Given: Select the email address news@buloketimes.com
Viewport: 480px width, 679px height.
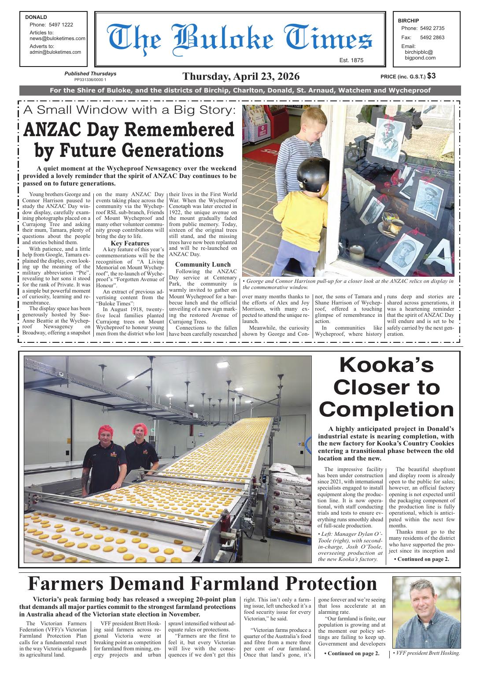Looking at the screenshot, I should point(57,38).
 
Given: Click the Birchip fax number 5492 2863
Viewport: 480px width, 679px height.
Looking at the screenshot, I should point(432,37).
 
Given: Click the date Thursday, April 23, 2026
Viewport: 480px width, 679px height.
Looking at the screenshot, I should point(241,76).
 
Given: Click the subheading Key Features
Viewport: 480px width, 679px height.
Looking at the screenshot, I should point(130,243).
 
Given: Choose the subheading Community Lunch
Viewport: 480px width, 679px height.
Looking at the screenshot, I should point(203,264).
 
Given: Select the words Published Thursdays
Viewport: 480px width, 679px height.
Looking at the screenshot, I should point(90,74).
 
